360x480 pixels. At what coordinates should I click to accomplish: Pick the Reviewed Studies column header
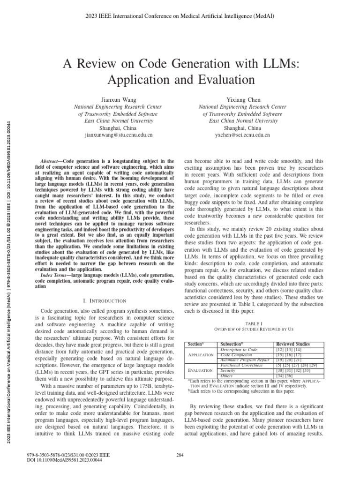(x=293, y=344)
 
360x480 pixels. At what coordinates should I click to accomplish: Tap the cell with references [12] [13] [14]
(x=284, y=350)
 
